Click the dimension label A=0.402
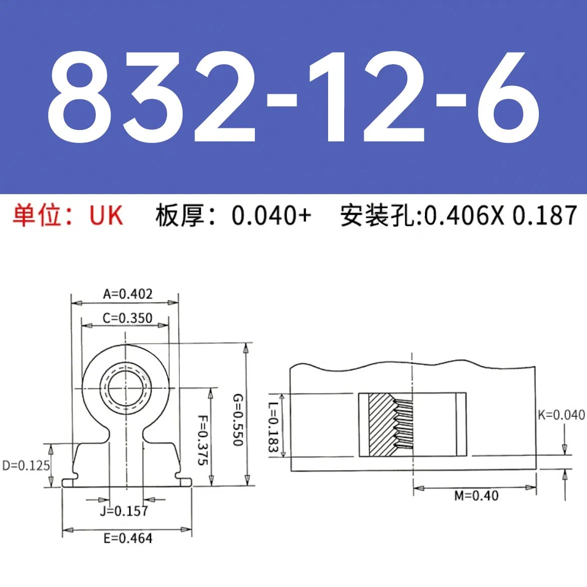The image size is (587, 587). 127,294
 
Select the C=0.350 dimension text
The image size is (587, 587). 127,318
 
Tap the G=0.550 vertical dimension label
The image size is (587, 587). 238,420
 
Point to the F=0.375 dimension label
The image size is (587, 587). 202,440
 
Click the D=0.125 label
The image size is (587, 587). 26,466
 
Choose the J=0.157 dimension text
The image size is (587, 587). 124,511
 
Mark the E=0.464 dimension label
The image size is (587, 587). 127,539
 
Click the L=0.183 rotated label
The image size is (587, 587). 273,427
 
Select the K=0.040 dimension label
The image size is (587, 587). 561,415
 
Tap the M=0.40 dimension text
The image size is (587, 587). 476,496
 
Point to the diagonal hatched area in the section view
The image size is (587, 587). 381,424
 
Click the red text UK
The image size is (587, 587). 106,216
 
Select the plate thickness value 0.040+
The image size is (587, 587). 271,216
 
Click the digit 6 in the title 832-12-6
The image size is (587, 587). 508,98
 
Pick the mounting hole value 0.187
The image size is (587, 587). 544,216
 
